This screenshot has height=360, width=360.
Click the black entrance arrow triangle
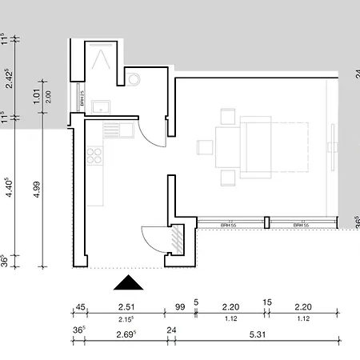tap(127, 282)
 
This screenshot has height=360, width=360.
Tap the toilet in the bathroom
tap(133, 79)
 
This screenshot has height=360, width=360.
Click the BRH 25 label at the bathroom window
tap(82, 97)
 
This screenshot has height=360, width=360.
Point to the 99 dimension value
tap(180, 306)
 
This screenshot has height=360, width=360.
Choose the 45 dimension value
tap(80, 306)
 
